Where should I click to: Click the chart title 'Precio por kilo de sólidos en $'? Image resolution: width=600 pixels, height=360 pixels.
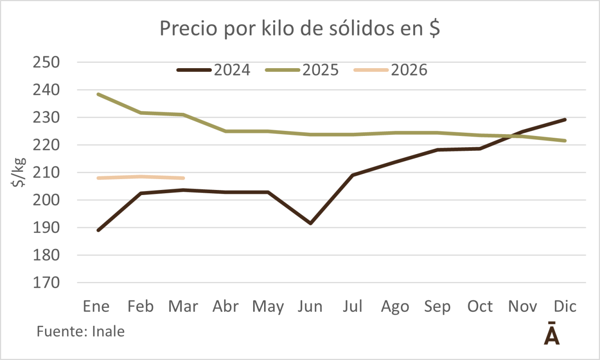click(300, 30)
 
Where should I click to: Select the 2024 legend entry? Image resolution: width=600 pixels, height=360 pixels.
click(214, 70)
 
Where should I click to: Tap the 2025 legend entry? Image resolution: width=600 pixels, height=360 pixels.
click(302, 70)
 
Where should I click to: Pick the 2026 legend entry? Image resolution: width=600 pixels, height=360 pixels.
click(391, 70)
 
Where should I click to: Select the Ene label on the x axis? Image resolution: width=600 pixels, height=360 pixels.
click(96, 307)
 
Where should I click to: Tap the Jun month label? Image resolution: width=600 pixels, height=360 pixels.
click(310, 307)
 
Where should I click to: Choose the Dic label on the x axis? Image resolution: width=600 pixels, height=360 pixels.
click(565, 307)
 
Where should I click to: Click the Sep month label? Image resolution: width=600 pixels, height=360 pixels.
click(437, 307)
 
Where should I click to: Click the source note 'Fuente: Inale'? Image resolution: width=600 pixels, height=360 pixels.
click(80, 331)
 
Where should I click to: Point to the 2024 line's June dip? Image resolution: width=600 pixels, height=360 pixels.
click(310, 223)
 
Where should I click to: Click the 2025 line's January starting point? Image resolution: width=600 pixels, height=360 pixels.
click(98, 95)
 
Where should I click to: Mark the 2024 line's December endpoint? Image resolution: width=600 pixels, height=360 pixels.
click(565, 120)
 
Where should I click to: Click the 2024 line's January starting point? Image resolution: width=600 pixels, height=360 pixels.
click(98, 230)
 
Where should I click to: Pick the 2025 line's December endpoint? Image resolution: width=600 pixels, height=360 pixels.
click(565, 140)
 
